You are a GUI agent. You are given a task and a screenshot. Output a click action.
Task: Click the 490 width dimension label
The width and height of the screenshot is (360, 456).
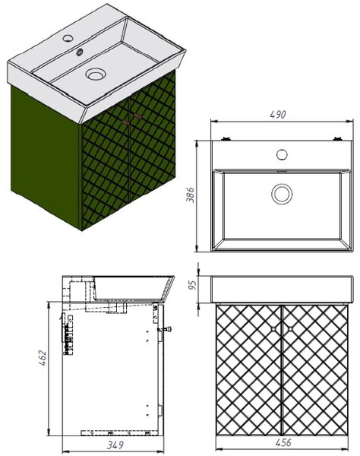[x=278, y=114]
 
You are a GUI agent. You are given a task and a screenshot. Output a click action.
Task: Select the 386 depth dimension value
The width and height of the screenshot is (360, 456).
[x=190, y=195]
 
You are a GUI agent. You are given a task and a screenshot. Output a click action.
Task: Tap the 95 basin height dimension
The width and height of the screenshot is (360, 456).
[x=192, y=285]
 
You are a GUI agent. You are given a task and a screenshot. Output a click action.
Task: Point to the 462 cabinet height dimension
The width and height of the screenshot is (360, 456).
[x=43, y=358]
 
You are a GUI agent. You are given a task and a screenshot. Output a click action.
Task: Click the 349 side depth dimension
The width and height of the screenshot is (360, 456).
[x=115, y=445]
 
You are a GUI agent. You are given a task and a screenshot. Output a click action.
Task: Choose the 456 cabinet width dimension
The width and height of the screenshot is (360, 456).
[x=283, y=442]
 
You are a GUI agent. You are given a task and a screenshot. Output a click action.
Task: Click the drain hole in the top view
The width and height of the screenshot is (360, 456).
[x=282, y=194]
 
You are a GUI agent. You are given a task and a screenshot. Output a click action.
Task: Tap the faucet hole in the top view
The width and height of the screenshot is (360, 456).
[x=282, y=154]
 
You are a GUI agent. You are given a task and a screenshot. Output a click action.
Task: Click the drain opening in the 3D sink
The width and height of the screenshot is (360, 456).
[x=95, y=74]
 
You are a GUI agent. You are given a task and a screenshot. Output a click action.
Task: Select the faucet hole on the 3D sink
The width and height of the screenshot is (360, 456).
[x=68, y=37]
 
